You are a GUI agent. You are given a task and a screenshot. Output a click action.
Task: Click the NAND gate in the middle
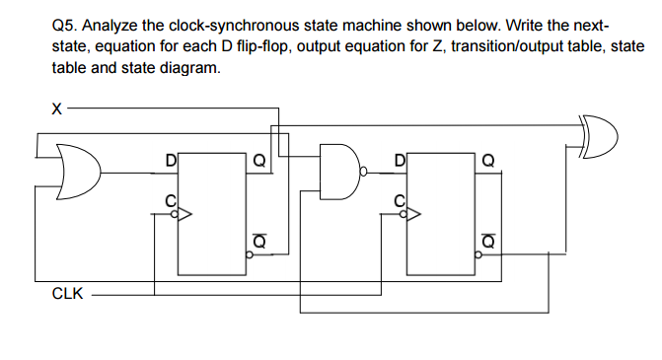click(339, 173)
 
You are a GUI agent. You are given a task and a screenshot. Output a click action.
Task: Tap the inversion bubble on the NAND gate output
click(364, 173)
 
